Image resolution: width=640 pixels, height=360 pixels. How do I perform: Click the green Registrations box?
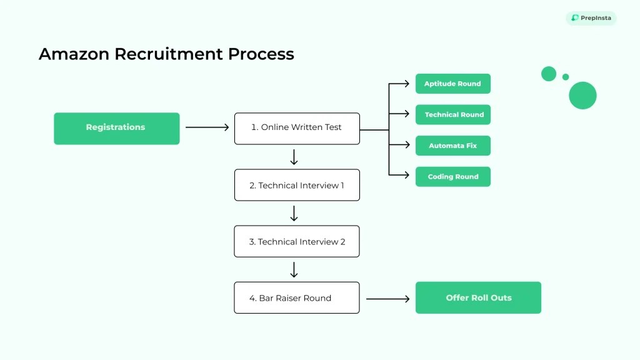point(116,128)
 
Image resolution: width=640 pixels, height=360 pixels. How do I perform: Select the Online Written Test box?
point(297,128)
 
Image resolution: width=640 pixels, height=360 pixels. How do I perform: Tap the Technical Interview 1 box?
point(297,185)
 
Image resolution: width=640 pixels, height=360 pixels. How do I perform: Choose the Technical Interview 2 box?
point(297,241)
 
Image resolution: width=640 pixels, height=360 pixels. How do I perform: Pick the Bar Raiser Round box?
point(297,297)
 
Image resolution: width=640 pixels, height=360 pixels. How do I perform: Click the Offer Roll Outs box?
point(478,297)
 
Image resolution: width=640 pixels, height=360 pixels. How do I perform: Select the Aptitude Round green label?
point(452,84)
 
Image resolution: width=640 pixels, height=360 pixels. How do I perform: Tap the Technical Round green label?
point(452,115)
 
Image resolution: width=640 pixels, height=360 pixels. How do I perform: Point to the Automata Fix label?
point(452,146)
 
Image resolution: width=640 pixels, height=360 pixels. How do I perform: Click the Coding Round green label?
point(452,177)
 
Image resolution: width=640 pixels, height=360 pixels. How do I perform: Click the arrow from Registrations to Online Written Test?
point(207,127)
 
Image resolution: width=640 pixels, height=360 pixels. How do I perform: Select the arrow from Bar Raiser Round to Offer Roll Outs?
point(387,299)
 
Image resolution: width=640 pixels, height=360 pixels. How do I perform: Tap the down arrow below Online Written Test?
point(294,157)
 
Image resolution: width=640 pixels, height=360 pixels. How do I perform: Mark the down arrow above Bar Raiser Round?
point(294,270)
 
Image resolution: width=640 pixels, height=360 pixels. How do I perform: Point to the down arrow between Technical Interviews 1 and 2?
point(294,214)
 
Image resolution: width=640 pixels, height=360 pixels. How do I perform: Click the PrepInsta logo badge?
point(591,18)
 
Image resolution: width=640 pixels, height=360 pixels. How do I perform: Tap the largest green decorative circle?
point(582,96)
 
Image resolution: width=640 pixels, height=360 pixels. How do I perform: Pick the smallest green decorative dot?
point(566,77)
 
